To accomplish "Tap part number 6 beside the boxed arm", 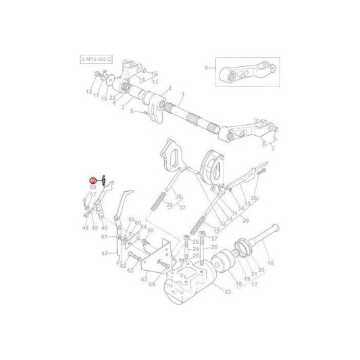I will pos(207,68).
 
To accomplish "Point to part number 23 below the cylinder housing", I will pos(228,292).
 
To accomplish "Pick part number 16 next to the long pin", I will pos(271,263).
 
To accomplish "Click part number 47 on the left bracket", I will pos(105,254).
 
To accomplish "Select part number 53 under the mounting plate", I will pos(144,278).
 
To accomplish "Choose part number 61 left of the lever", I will pos(104,236).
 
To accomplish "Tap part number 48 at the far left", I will pos(86,228).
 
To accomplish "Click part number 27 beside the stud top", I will pos(214,238).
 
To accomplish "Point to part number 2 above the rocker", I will pos(170,88).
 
